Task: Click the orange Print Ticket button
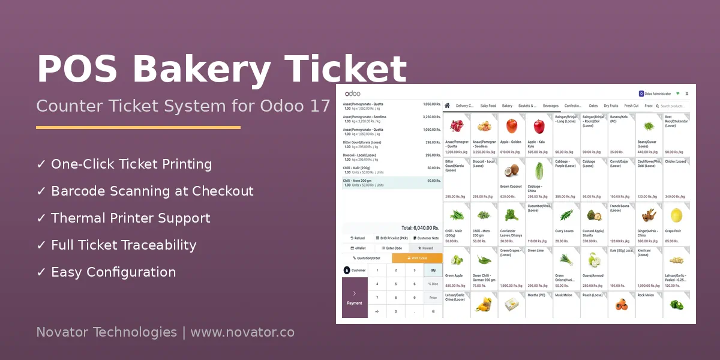tap(417, 258)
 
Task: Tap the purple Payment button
tap(355, 298)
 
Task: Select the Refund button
tap(358, 238)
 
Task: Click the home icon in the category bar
tap(447, 106)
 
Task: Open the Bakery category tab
tap(508, 106)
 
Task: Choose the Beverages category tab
tap(550, 106)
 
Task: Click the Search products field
tap(673, 106)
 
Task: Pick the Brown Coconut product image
tap(511, 170)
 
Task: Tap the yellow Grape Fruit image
tap(676, 215)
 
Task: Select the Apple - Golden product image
tap(511, 126)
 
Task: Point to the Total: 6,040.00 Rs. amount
tap(420, 228)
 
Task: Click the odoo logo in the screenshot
tap(352, 94)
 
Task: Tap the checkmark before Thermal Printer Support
tap(41, 218)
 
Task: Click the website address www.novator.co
tap(242, 332)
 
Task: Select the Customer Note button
tap(426, 238)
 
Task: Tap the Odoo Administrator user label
tap(657, 94)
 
